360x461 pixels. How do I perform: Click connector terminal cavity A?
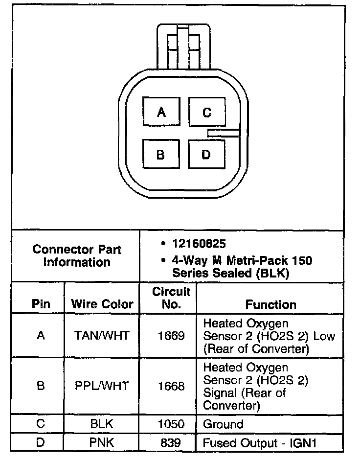point(161,113)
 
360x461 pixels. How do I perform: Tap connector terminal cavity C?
point(207,113)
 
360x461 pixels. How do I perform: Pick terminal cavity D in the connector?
point(206,155)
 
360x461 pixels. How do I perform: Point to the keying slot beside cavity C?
point(224,133)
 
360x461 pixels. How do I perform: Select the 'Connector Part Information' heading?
point(77,255)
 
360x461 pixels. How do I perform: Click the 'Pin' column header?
point(41,304)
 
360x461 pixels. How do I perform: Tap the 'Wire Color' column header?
point(102,304)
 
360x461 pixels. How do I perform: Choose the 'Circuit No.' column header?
point(171,298)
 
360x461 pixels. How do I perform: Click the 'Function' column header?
point(270,304)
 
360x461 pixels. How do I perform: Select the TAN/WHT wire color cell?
point(102,336)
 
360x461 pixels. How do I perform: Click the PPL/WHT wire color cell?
point(102,386)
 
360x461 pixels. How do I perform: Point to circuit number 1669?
point(171,336)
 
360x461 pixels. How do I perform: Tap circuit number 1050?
point(171,424)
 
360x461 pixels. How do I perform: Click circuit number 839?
point(171,443)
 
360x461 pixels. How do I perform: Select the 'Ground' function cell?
point(223,424)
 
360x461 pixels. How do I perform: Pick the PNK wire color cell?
point(102,443)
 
